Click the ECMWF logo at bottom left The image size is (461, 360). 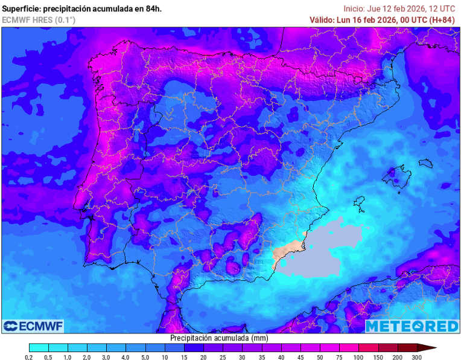(x=33, y=326)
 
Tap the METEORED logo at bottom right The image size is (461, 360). (x=412, y=326)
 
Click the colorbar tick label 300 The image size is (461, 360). (x=416, y=358)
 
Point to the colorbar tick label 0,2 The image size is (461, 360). (x=29, y=358)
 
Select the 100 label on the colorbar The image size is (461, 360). (x=358, y=358)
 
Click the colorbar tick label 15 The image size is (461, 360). (x=184, y=358)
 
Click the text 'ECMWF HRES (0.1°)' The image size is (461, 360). (x=39, y=20)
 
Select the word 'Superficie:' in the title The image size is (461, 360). (x=22, y=8)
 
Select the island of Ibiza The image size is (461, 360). (x=360, y=204)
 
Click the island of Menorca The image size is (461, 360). (x=426, y=163)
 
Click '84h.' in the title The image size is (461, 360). (x=151, y=8)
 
